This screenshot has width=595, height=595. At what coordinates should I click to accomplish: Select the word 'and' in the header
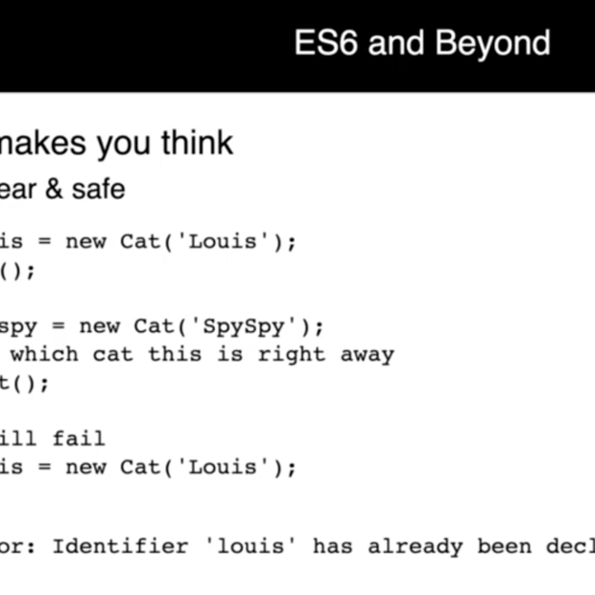pos(396,43)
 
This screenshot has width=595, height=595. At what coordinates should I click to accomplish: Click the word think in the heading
pos(197,143)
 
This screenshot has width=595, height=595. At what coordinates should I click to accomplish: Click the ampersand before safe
pos(55,189)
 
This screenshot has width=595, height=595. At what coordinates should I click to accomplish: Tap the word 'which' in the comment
pos(44,354)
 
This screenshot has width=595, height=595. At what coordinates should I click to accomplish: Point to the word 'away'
pos(367,354)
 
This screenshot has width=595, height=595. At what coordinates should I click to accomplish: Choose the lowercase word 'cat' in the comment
pos(113,354)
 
